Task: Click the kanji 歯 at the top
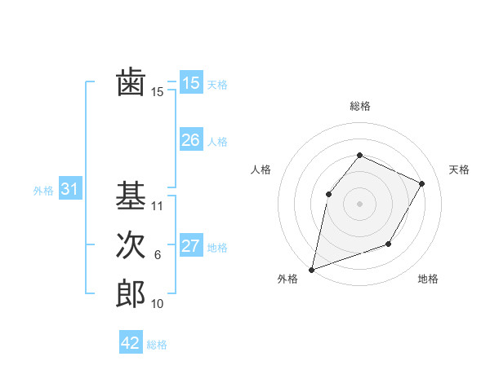131,83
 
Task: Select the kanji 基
131,196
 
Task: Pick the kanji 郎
131,293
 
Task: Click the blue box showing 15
190,83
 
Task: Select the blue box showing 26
190,140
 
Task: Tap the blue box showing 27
190,246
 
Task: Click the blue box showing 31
69,189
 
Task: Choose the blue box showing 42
131,343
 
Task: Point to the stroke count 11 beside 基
158,206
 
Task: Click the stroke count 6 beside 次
158,255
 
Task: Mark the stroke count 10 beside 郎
158,304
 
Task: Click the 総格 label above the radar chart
359,106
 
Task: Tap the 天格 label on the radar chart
459,169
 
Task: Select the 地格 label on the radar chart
428,279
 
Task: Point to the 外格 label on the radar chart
287,279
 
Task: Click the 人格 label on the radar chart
261,169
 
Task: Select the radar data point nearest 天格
422,183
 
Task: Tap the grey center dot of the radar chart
359,203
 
